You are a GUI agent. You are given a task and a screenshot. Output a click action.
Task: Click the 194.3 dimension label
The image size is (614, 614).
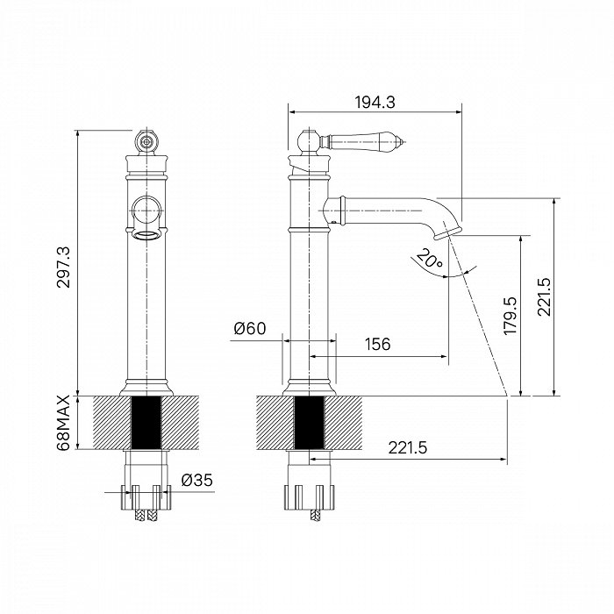pos(375,103)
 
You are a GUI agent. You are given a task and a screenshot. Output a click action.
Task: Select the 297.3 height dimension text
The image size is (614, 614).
pos(63,267)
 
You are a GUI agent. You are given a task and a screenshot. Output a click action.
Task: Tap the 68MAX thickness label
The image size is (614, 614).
pos(63,422)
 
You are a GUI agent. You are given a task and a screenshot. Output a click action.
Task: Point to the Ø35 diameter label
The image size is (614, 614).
pos(197,480)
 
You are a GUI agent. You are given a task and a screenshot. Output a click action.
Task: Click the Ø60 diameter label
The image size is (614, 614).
pos(250,328)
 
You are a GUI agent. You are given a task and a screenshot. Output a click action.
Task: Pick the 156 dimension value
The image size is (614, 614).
pos(377,344)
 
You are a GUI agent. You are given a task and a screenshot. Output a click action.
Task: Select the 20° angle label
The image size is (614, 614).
pos(430,258)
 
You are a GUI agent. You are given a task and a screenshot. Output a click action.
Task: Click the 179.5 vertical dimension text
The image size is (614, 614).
pos(510,316)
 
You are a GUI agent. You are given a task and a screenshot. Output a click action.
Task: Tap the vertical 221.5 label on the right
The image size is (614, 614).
pos(544,296)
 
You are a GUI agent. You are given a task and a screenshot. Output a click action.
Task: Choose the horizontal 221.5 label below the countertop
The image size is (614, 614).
pos(408,447)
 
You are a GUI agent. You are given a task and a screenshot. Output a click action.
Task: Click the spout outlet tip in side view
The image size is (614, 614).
pos(448,232)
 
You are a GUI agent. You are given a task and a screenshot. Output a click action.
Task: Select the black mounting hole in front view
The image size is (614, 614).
pos(146,423)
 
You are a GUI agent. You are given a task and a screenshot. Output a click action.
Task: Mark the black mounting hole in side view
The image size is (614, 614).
pos(309,423)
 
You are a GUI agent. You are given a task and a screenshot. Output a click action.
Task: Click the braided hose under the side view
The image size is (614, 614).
pos(316,516)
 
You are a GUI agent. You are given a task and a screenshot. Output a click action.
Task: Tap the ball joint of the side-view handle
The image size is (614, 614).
pos(309,141)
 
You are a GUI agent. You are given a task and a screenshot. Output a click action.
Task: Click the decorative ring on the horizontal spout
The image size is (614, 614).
pos(343,211)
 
